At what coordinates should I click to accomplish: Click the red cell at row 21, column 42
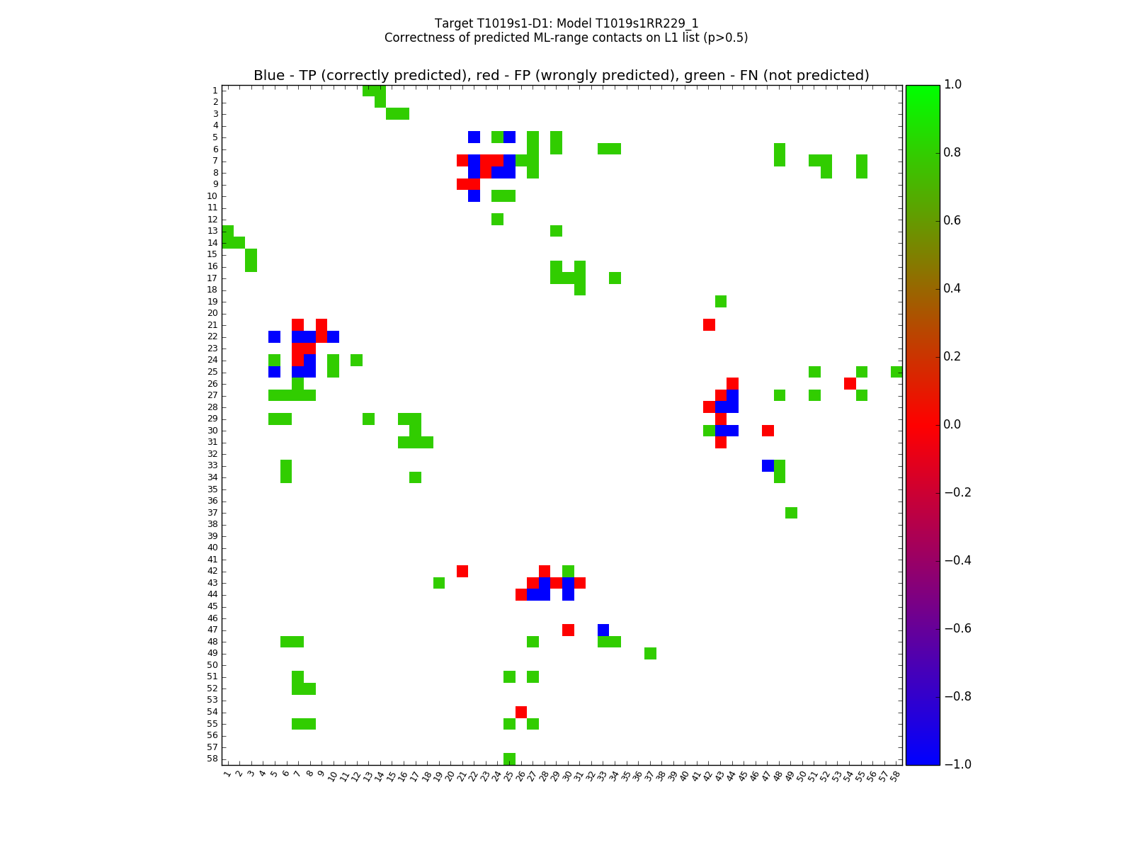(x=709, y=324)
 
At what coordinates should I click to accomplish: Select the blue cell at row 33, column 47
(x=768, y=465)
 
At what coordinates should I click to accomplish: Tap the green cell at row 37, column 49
(x=791, y=512)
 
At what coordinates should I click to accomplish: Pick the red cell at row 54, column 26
(x=521, y=712)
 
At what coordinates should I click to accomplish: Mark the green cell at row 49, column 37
(x=650, y=653)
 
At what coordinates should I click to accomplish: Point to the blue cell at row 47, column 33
(x=603, y=630)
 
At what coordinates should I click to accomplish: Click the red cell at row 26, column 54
(x=850, y=383)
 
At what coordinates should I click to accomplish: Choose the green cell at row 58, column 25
(x=509, y=759)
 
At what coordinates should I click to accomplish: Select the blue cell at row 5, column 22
(x=474, y=137)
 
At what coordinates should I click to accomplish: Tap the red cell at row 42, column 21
(x=462, y=571)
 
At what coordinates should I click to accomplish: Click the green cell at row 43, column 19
(x=439, y=583)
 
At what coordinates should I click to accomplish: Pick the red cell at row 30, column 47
(x=768, y=430)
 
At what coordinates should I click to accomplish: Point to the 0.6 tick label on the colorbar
(x=953, y=220)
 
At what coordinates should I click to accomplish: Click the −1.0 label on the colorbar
(x=956, y=764)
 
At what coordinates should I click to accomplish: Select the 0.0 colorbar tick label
(x=953, y=424)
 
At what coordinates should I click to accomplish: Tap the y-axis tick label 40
(x=212, y=548)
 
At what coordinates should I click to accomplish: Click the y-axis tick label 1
(x=215, y=90)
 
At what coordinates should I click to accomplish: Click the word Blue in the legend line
(x=269, y=76)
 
